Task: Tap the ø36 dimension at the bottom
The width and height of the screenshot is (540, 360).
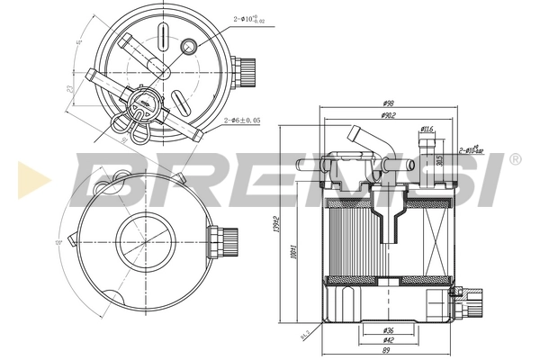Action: coord(386,328)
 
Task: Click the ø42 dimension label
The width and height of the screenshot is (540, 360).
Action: coord(386,339)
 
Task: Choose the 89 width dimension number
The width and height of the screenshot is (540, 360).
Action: coord(386,352)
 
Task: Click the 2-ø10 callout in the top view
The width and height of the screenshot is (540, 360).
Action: coord(253,16)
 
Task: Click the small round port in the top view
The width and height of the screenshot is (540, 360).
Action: coord(189,46)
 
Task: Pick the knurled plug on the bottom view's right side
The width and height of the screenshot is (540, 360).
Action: coord(217,243)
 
